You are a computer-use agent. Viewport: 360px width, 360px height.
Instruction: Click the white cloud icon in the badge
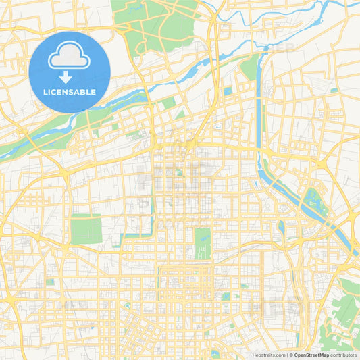70,56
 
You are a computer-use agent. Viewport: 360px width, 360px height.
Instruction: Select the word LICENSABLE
70,92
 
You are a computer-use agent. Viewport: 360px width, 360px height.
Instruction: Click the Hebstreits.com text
268,355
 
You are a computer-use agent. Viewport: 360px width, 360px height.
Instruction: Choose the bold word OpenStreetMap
311,355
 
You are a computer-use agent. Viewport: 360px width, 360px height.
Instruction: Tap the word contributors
343,355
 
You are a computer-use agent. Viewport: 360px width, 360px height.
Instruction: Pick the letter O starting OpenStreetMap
297,355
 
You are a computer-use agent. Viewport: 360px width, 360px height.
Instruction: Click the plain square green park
86,228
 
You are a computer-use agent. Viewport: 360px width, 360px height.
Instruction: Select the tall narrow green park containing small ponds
203,242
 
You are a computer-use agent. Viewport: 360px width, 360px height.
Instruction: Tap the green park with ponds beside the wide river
313,201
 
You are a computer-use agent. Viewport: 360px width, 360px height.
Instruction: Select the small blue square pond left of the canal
228,91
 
